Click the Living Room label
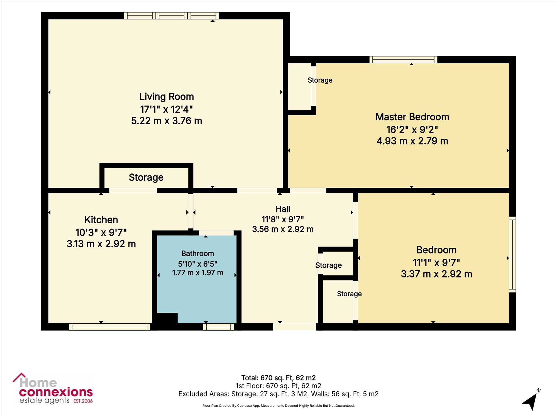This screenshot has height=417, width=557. [x=167, y=97]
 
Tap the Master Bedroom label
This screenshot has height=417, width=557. [x=412, y=117]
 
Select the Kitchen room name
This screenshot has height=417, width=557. [x=101, y=220]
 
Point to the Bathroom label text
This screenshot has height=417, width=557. [x=198, y=254]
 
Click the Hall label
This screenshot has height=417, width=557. [x=283, y=209]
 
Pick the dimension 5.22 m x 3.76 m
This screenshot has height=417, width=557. [x=167, y=121]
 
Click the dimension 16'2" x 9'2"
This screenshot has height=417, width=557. [x=412, y=130]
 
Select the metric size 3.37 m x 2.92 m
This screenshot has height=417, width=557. [x=436, y=274]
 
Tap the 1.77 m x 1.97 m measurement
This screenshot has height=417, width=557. [x=198, y=273]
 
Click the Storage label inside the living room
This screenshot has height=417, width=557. [x=146, y=177]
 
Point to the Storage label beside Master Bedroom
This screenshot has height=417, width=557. [x=320, y=80]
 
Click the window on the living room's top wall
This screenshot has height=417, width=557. [x=172, y=16]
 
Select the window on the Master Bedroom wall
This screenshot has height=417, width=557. [x=403, y=59]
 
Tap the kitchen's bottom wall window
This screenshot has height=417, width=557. [x=109, y=327]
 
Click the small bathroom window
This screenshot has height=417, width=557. [x=219, y=327]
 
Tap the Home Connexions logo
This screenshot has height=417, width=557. [x=53, y=389]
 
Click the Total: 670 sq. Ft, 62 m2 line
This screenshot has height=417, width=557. [x=278, y=378]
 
